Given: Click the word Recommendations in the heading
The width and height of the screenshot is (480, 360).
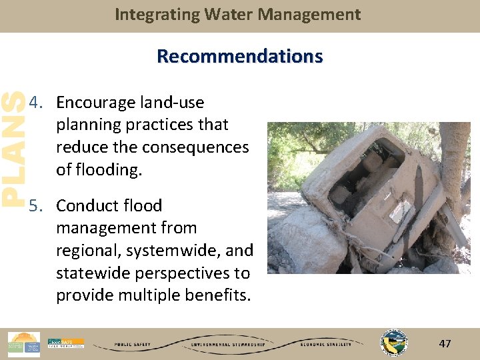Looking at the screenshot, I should (x=239, y=56).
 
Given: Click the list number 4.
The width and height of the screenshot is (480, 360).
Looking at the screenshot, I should (x=36, y=103).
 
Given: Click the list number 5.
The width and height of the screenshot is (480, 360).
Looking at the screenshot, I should (x=36, y=205).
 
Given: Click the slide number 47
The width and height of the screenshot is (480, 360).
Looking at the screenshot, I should (x=445, y=344).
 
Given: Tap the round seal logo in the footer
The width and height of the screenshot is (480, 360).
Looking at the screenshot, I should (x=393, y=343).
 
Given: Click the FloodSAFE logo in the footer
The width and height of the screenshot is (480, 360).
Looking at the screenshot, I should (x=65, y=343).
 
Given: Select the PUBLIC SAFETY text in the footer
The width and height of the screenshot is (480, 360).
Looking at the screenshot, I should (x=131, y=345).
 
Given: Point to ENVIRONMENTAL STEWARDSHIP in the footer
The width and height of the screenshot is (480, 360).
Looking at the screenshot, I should (x=227, y=345).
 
